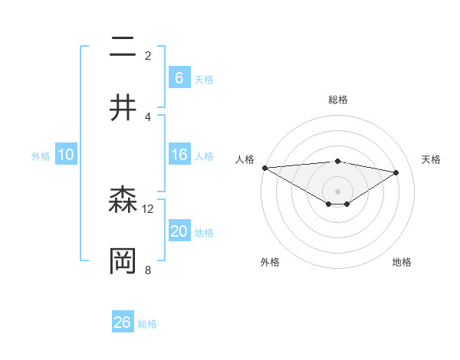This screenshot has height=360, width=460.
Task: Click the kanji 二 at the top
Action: (123, 48)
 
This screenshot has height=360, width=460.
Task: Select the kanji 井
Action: (123, 109)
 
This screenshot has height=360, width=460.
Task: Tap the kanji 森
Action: (123, 201)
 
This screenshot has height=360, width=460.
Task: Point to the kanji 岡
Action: (123, 261)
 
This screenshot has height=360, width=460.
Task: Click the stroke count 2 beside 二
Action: (148, 56)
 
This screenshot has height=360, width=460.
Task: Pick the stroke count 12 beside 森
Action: (148, 208)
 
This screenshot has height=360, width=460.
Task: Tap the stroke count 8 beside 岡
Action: (148, 270)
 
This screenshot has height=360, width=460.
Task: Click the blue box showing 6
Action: (179, 78)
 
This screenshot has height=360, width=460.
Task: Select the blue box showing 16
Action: (179, 155)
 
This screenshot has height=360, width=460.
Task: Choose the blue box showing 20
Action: (179, 232)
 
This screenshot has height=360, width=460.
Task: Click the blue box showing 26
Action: (123, 322)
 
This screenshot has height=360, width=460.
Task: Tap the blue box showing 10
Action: (66, 155)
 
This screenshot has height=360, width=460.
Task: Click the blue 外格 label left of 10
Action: (41, 156)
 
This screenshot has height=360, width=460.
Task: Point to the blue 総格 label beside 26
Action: (147, 324)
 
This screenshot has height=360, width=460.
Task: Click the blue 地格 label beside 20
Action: (204, 233)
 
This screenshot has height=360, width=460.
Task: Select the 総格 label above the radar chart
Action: (338, 100)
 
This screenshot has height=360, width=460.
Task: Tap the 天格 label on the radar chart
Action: (432, 159)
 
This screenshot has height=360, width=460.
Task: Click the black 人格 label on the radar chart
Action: (245, 159)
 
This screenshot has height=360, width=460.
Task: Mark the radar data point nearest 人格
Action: (264, 168)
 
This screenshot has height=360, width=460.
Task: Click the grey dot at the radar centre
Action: (338, 191)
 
